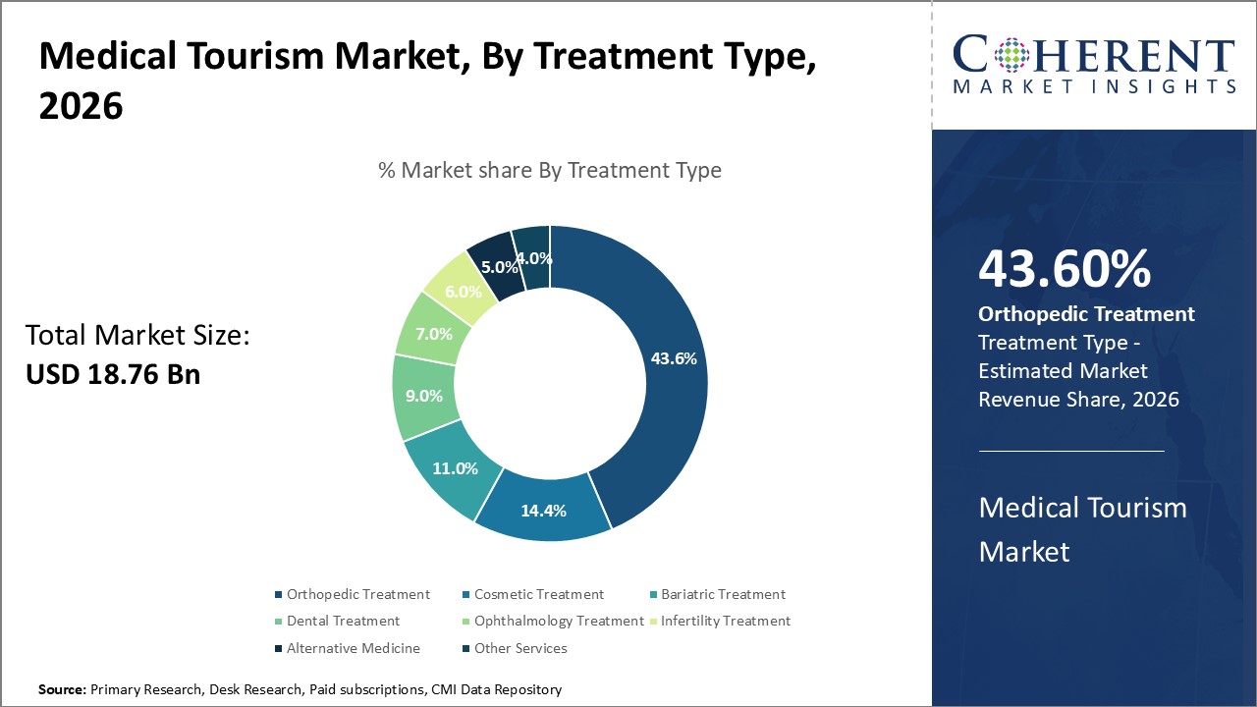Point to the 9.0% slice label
click(x=424, y=397)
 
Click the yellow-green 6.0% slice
click(x=463, y=291)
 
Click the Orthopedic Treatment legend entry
click(x=357, y=594)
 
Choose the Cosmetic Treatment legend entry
click(x=538, y=594)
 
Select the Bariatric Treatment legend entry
click(x=723, y=594)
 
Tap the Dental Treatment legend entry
click(x=343, y=621)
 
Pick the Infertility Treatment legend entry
click(x=725, y=621)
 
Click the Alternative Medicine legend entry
click(x=353, y=648)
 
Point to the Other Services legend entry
click(x=520, y=648)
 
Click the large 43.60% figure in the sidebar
click(x=1065, y=269)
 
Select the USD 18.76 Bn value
click(x=113, y=374)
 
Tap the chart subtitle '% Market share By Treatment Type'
click(x=550, y=170)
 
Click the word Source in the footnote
click(x=62, y=690)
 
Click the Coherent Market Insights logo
click(x=1094, y=65)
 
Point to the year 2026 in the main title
click(x=81, y=105)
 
